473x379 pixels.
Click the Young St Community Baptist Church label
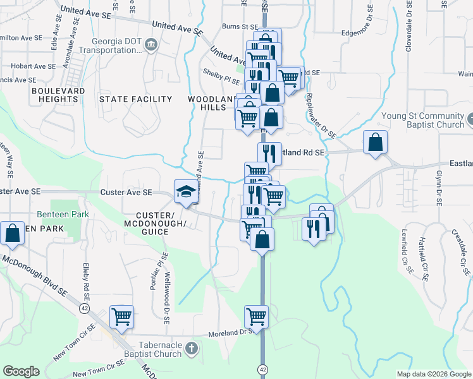click(423, 120)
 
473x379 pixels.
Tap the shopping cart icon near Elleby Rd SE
click(121, 316)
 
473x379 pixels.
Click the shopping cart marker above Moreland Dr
click(256, 316)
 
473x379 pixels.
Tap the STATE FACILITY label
click(135, 99)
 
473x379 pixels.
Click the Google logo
click(21, 371)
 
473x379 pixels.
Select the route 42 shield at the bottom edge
click(262, 368)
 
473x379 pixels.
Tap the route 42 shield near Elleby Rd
click(83, 308)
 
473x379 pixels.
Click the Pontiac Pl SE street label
click(156, 271)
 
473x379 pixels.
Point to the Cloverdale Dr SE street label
click(408, 30)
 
